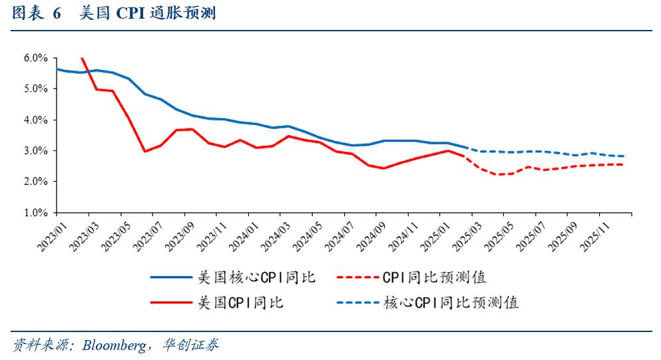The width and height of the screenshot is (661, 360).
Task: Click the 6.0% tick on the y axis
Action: point(35,58)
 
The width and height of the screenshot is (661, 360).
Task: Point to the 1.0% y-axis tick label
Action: point(35,213)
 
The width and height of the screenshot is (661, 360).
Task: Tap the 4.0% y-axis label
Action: point(35,120)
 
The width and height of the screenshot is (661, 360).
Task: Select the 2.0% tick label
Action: point(35,182)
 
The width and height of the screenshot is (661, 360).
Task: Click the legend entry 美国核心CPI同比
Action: point(256,277)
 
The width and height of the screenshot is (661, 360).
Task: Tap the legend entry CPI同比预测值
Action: point(439,277)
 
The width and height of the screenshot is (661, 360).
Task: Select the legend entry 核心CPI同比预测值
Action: point(451,302)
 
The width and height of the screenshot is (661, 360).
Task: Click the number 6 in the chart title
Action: point(57,13)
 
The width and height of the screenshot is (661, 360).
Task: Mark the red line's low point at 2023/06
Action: point(144,151)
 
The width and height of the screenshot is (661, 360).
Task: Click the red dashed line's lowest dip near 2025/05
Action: point(501,174)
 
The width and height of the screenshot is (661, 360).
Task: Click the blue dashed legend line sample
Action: point(356,302)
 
